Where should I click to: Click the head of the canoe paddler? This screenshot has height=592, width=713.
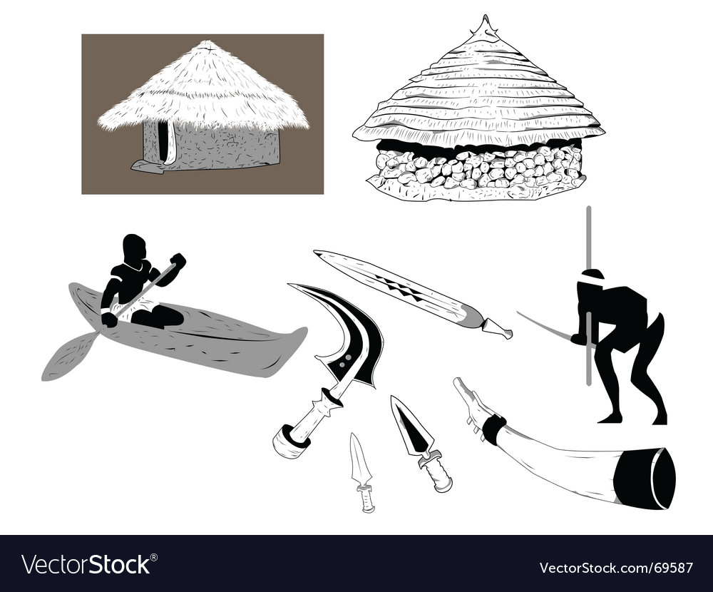134,247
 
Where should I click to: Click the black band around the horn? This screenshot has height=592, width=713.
493,429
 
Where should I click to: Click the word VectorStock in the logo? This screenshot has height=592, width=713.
86,565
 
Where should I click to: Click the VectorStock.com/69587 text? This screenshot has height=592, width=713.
616,568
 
